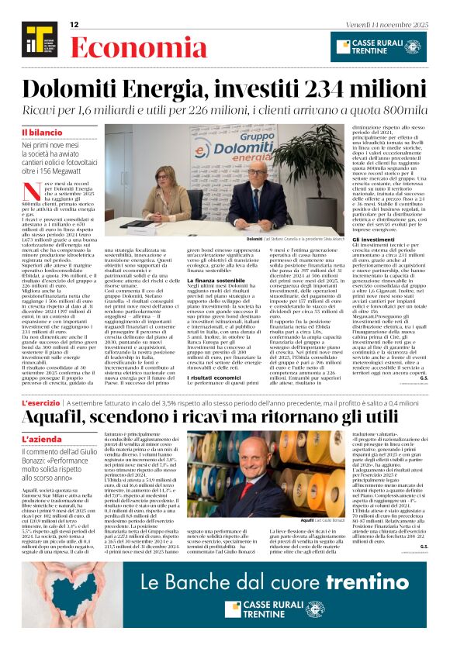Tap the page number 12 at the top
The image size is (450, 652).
point(74,25)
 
